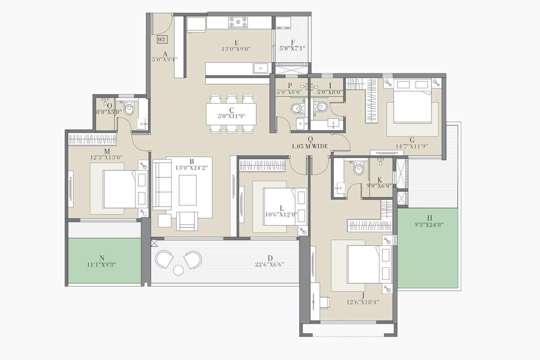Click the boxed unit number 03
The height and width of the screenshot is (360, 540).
[x=162, y=39]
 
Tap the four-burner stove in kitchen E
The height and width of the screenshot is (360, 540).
[x=238, y=22]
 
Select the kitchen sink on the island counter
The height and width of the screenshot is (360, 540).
[x=261, y=68]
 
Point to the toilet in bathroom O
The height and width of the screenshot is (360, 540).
[x=129, y=109]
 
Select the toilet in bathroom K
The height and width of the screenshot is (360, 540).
[x=358, y=168]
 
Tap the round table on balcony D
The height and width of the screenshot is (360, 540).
[x=178, y=270]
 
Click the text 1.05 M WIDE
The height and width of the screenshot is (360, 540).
[x=310, y=146]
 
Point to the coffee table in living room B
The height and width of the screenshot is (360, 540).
[x=188, y=190]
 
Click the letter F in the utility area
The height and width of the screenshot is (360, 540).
[x=293, y=43]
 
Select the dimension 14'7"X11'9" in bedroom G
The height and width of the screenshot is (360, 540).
[x=412, y=146]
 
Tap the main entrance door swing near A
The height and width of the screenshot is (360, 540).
[x=162, y=24]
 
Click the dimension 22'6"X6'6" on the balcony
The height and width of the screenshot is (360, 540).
[x=269, y=265]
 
